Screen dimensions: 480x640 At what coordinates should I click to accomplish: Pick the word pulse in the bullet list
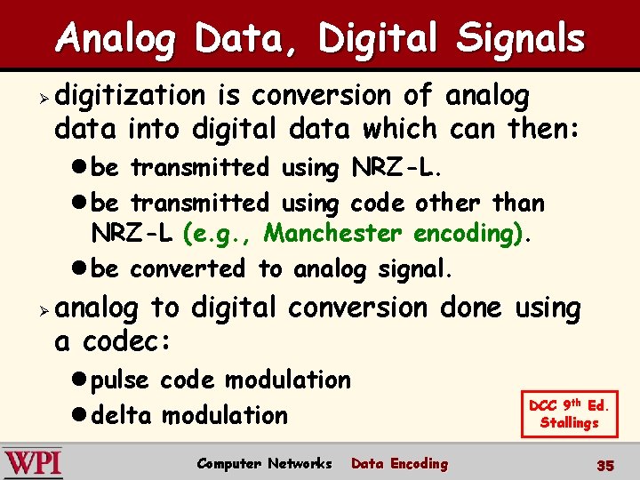click(x=121, y=380)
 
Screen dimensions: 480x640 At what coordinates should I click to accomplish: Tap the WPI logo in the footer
click(x=33, y=463)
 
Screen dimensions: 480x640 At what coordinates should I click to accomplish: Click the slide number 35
click(x=605, y=466)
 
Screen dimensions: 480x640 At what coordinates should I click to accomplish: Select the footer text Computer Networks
click(x=264, y=463)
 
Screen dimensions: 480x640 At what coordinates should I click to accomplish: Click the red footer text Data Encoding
click(x=399, y=463)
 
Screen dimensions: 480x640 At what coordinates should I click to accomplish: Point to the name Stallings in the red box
click(x=569, y=422)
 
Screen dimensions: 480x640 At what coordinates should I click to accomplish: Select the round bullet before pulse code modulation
click(x=80, y=380)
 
